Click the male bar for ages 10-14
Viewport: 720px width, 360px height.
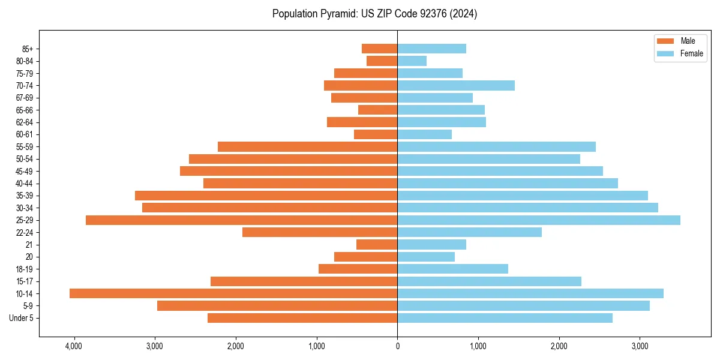point(233,293)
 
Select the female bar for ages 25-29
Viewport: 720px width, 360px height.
point(539,220)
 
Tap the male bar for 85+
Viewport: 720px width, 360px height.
point(379,49)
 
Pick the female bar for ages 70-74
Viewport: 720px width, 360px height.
point(456,85)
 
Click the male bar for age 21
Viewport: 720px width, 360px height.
point(377,244)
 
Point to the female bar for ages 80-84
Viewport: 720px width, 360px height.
point(412,61)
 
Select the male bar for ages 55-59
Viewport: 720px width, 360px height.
point(307,146)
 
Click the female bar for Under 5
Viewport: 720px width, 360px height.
point(505,318)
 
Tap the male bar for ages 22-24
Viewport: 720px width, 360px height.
point(320,232)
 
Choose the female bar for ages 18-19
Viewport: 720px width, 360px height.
point(452,269)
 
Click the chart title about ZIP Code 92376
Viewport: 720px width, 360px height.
point(374,14)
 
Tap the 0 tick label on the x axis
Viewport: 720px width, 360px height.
point(397,346)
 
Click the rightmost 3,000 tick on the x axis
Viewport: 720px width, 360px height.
point(640,346)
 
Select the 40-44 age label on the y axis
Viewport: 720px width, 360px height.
point(24,184)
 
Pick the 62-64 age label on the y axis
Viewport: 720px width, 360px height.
point(24,122)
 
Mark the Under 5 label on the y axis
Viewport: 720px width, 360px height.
point(22,318)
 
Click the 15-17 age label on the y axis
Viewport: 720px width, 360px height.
point(24,281)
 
